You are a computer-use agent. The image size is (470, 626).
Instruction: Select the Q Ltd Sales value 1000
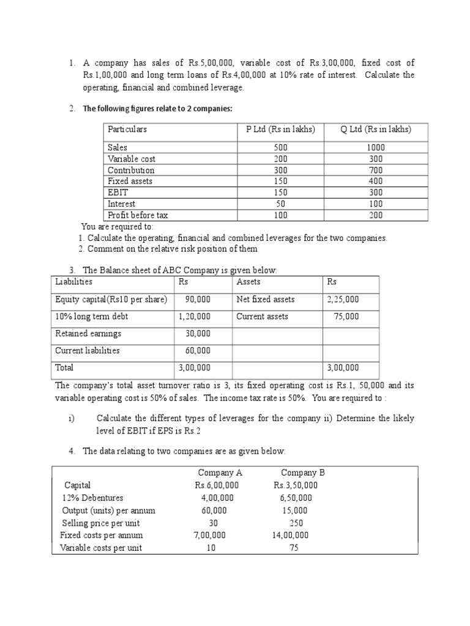tap(376, 148)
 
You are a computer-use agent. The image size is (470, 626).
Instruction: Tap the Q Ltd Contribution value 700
tap(376, 170)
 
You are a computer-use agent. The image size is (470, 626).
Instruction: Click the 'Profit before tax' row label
tap(138, 215)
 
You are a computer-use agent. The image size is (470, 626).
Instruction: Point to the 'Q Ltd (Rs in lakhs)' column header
tap(376, 130)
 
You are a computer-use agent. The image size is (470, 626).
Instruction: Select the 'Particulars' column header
tap(127, 130)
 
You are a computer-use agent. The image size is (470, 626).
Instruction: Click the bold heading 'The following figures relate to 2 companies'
tap(157, 109)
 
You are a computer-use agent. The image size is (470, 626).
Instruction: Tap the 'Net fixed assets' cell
tap(265, 300)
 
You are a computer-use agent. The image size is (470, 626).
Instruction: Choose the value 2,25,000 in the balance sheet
tap(343, 300)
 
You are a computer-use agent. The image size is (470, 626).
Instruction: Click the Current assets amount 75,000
tap(347, 317)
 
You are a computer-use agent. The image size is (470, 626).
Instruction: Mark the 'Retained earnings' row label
tap(88, 334)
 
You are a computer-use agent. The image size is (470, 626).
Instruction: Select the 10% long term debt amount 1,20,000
tap(195, 317)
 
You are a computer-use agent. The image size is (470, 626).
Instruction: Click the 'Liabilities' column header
tap(73, 282)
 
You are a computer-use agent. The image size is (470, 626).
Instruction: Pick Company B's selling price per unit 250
tap(295, 523)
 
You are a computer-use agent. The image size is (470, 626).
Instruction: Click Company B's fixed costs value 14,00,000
tap(291, 536)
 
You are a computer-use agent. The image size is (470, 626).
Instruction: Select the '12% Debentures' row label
tap(92, 498)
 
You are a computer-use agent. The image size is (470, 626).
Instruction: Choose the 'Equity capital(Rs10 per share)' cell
tap(111, 300)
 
